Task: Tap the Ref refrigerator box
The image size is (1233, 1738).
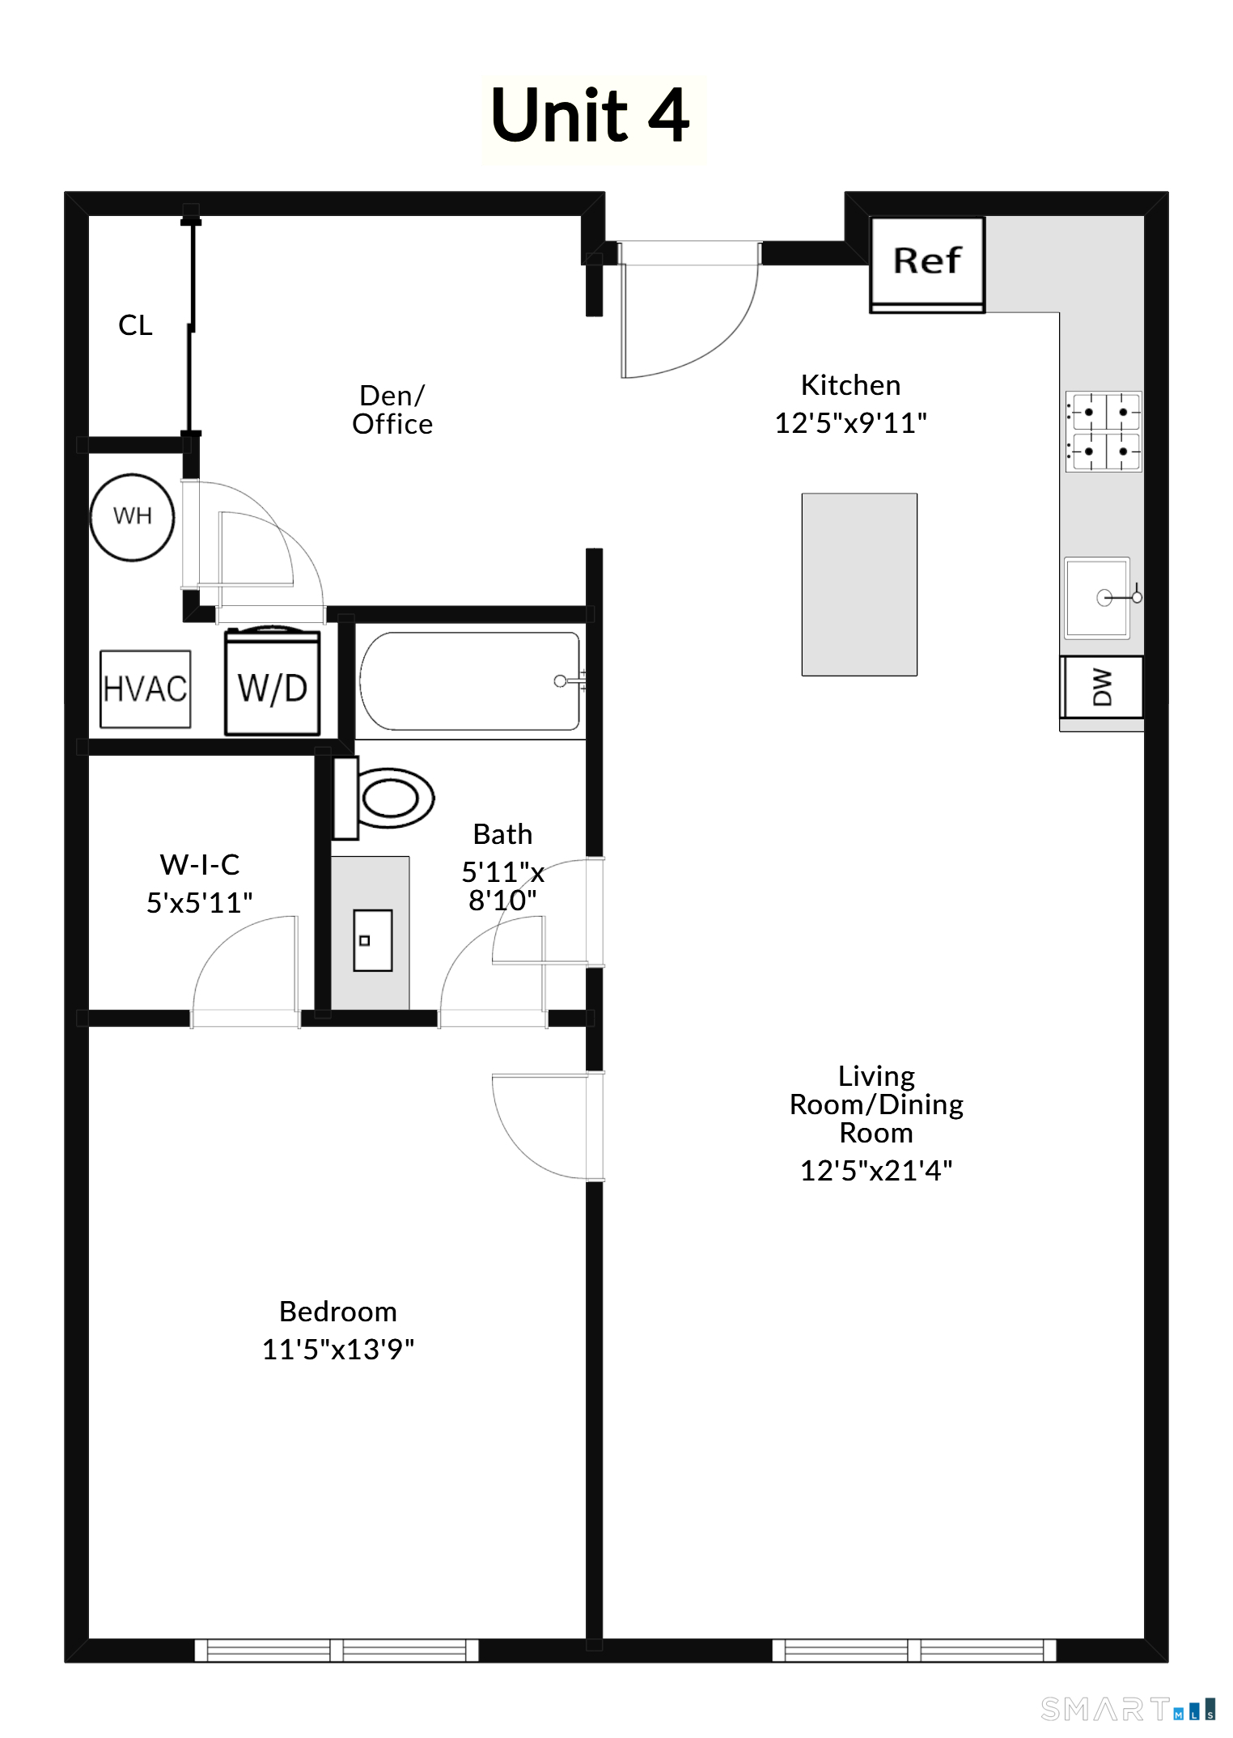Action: [927, 265]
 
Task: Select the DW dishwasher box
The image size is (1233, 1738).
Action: [1102, 687]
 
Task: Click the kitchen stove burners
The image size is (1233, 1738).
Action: [1104, 431]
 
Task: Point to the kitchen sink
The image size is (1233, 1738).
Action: [1098, 598]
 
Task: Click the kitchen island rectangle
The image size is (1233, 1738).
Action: [859, 584]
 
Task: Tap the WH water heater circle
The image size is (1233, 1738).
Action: [132, 517]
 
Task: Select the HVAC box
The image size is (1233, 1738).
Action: [146, 689]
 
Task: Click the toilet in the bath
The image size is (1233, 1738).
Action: [384, 798]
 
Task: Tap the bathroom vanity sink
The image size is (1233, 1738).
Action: [373, 940]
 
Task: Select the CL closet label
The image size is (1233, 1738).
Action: [135, 325]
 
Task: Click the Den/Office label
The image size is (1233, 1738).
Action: [392, 409]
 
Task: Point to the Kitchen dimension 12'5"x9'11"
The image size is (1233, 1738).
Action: [851, 422]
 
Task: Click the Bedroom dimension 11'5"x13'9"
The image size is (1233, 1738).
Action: [338, 1349]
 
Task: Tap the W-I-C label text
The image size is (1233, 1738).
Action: [200, 864]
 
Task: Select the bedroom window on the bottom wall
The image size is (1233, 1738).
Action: [337, 1650]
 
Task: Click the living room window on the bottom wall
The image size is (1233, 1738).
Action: [914, 1650]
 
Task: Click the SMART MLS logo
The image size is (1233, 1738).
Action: [1128, 1709]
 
